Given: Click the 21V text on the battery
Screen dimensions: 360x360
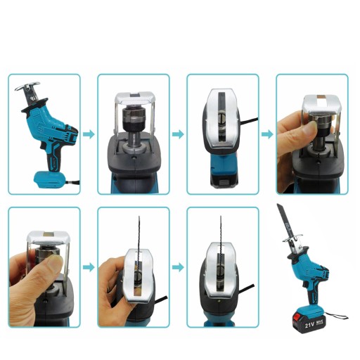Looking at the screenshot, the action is pos(309,325).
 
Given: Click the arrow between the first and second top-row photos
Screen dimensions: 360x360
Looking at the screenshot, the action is pos(89,134).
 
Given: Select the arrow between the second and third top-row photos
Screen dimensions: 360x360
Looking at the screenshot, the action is pos(178,134).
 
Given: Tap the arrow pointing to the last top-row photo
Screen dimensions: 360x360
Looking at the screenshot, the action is pos(267,134).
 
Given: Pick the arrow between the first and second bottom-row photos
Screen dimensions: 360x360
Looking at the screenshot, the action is pos(89,267).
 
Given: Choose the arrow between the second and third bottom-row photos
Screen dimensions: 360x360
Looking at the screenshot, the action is pos(178,267).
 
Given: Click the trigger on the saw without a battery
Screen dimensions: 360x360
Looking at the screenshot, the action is pos(43,146).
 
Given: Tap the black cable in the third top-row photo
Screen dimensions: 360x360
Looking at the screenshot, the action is pos(249,120).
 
